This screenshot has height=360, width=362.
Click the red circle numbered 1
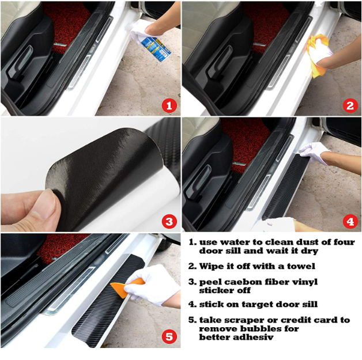click(169, 105)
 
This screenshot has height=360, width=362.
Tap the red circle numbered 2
click(350, 105)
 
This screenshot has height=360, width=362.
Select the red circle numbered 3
click(169, 221)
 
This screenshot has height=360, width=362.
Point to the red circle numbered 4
click(350, 221)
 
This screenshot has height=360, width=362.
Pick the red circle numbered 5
click(169, 336)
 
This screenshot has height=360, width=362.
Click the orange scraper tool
click(127, 287)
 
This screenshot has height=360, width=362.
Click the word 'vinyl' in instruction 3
click(306, 282)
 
